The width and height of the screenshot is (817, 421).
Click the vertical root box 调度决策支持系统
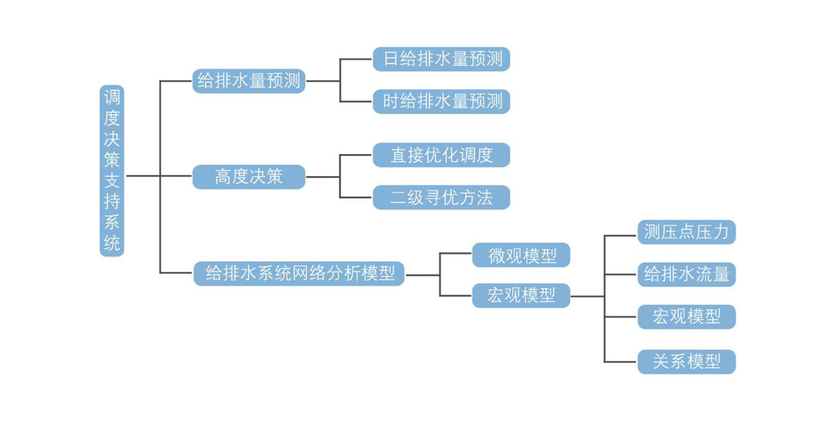pos(112,170)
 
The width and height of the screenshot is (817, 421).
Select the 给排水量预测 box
pos(249,81)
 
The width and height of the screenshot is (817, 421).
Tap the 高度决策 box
pos(249,176)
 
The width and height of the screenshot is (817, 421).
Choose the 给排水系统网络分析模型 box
pos(299,274)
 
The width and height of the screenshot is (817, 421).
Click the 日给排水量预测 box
pos(441,59)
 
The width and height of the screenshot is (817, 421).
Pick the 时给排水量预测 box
pos(441,101)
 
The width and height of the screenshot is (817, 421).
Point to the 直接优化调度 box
pos(441,155)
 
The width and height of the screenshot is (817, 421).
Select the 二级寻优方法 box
pos(441,197)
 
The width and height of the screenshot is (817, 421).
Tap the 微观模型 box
pos(521,255)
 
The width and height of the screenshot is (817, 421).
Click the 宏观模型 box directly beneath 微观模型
pos(521,296)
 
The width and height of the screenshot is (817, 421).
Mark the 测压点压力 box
pos(686,232)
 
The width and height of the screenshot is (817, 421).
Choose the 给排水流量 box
pos(686,274)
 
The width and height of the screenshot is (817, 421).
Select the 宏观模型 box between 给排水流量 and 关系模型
pos(686,317)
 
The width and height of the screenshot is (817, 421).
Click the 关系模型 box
pos(686,361)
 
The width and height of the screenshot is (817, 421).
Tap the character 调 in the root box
pos(112,97)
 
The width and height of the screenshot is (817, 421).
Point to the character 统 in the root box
pos(112,244)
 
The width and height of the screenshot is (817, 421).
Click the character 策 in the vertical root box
pos(112,156)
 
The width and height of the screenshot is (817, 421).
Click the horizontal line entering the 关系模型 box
pos(621,361)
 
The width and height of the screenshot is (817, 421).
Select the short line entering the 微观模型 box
pos(456,254)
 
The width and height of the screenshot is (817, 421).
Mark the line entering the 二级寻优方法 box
pos(356,197)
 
